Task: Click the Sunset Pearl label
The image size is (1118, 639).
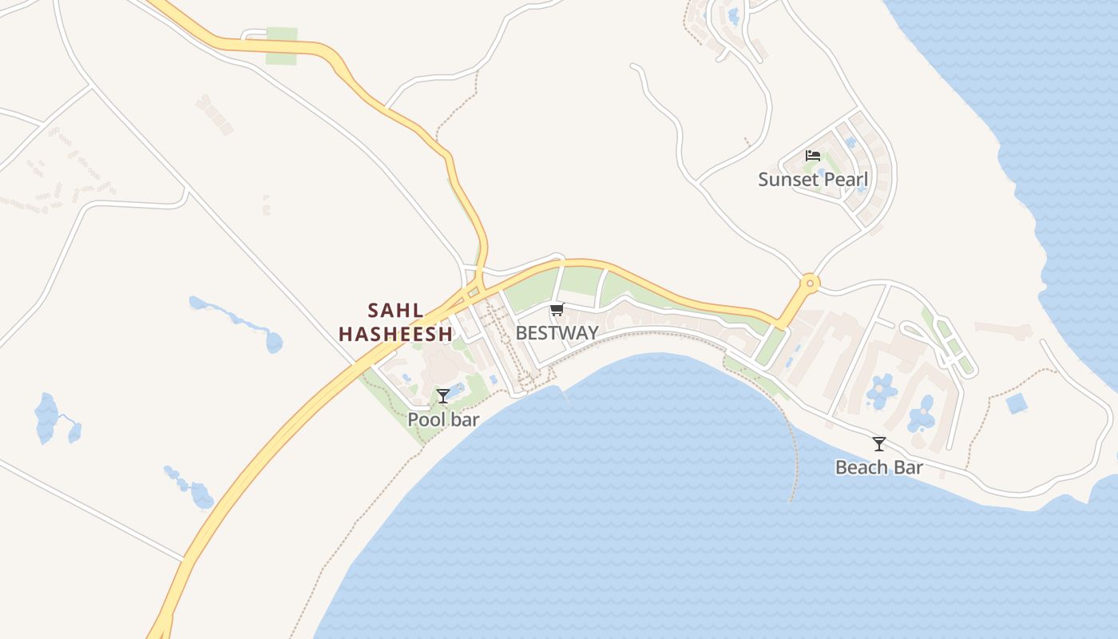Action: point(812,179)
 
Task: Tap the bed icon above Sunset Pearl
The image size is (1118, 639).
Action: point(813,155)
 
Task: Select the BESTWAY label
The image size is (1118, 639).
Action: point(557,333)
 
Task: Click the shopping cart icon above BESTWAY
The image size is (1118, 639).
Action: point(557,310)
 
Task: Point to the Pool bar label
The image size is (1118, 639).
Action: point(443,419)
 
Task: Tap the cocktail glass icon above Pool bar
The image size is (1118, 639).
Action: point(443,396)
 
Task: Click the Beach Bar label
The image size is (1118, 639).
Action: point(878,467)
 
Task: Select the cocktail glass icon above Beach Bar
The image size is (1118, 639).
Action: point(879,444)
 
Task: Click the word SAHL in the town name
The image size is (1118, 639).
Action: point(395,310)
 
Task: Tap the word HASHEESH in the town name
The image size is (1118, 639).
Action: point(395,334)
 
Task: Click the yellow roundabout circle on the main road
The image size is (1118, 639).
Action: point(810,282)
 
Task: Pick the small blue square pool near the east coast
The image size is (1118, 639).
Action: point(1017,403)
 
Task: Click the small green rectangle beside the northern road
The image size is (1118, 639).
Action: point(281,46)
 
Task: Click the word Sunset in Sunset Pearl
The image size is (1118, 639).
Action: point(787,179)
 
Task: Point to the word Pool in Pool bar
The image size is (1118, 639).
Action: point(425,419)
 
